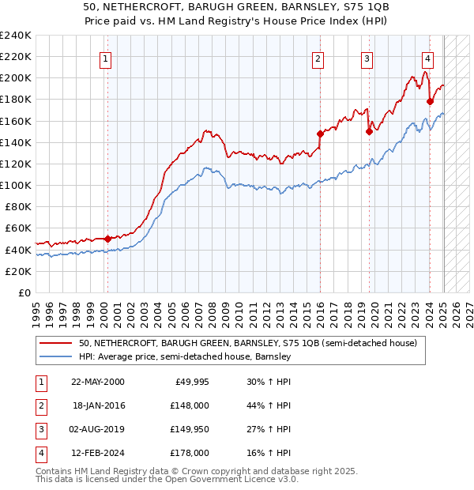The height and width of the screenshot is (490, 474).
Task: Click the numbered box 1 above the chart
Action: click(106, 58)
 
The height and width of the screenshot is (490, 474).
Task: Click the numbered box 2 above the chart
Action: click(318, 58)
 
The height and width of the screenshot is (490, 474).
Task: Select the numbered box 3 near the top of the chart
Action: click(367, 58)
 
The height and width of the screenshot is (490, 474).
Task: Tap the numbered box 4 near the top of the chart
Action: click(427, 58)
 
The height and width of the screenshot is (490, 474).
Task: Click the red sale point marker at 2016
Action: click(320, 134)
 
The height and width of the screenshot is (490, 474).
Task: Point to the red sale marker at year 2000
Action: click(107, 238)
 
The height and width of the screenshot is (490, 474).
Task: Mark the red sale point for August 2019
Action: click(369, 132)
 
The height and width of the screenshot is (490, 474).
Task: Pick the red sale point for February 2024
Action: click(430, 101)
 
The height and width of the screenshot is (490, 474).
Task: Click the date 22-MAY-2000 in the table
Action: click(97, 382)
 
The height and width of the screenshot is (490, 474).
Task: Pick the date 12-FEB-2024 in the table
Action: click(97, 453)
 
